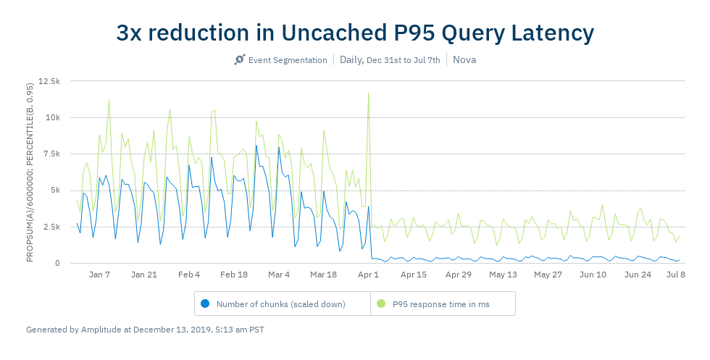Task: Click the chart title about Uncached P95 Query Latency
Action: coord(355,33)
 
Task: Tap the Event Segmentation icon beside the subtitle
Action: coord(240,59)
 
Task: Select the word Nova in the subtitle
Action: coord(464,59)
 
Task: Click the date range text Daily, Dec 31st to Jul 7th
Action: coord(390,59)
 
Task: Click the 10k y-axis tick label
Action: coord(51,117)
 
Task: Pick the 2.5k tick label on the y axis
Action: coord(50,227)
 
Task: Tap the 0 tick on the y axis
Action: coord(57,263)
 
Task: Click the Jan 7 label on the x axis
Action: coord(99,275)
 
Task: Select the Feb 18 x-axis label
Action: coord(234,275)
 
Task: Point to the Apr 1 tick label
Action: coord(369,275)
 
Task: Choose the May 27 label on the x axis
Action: coord(548,275)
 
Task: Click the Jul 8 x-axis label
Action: coord(675,275)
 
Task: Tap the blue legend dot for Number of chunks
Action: coord(205,304)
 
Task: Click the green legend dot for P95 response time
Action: coord(381,304)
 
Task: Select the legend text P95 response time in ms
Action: coord(440,304)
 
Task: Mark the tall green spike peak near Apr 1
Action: coord(369,93)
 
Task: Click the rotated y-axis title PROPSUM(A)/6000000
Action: coord(30,172)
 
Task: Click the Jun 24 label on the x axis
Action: coord(638,275)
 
